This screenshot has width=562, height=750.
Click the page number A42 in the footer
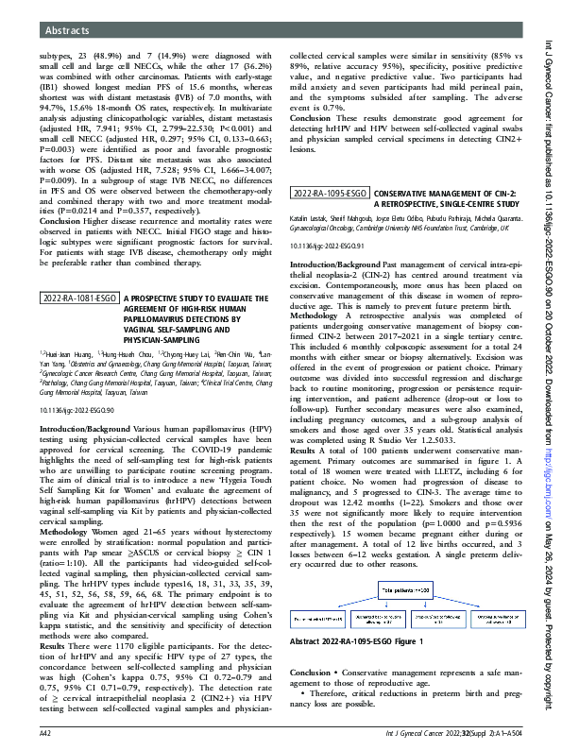(x=44, y=733)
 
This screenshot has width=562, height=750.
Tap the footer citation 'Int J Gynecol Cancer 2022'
(x=447, y=733)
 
